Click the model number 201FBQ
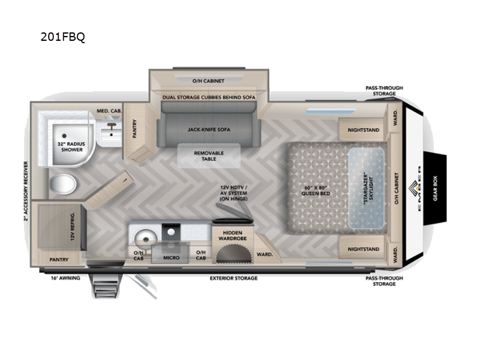click(x=63, y=37)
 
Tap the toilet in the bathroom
click(x=63, y=184)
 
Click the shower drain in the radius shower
click(x=64, y=136)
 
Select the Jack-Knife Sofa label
click(x=209, y=130)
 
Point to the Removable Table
click(x=209, y=155)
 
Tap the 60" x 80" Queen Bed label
click(x=316, y=190)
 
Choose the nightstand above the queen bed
click(x=363, y=130)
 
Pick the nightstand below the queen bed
click(x=363, y=249)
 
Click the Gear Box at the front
click(x=435, y=188)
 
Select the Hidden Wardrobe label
click(x=233, y=235)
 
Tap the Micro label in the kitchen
click(x=171, y=258)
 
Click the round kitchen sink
click(x=146, y=238)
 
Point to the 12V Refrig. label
click(x=73, y=226)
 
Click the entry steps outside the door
click(x=106, y=286)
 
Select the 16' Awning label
click(x=65, y=278)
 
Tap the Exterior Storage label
click(x=233, y=278)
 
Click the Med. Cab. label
click(x=109, y=111)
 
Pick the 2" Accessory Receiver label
click(x=26, y=191)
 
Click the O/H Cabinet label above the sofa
click(x=208, y=81)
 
